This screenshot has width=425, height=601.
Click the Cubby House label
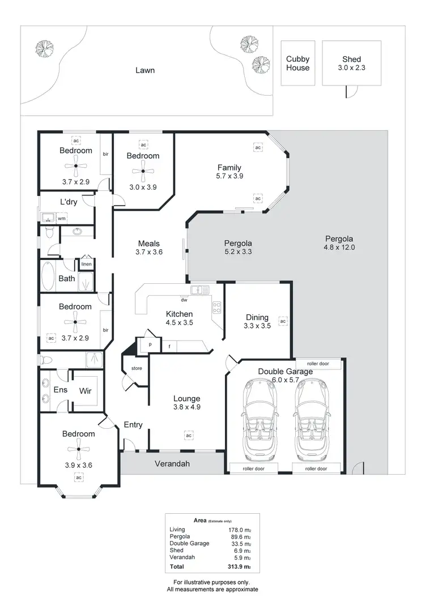click(297, 63)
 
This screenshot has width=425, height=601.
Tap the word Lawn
click(145, 71)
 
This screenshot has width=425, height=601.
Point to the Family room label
click(229, 168)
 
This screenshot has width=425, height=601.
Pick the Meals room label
click(149, 244)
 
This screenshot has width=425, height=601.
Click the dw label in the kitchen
click(184, 300)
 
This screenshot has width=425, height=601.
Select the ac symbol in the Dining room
click(283, 321)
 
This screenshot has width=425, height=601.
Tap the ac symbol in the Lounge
click(188, 435)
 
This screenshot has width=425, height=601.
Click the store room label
click(137, 369)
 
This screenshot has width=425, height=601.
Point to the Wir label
click(86, 390)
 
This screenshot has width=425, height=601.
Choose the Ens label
click(61, 390)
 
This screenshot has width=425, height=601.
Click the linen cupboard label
click(86, 264)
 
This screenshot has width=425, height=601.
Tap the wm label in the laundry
click(61, 218)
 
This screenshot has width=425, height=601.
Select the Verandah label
click(173, 463)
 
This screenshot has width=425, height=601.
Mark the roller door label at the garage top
click(318, 363)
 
